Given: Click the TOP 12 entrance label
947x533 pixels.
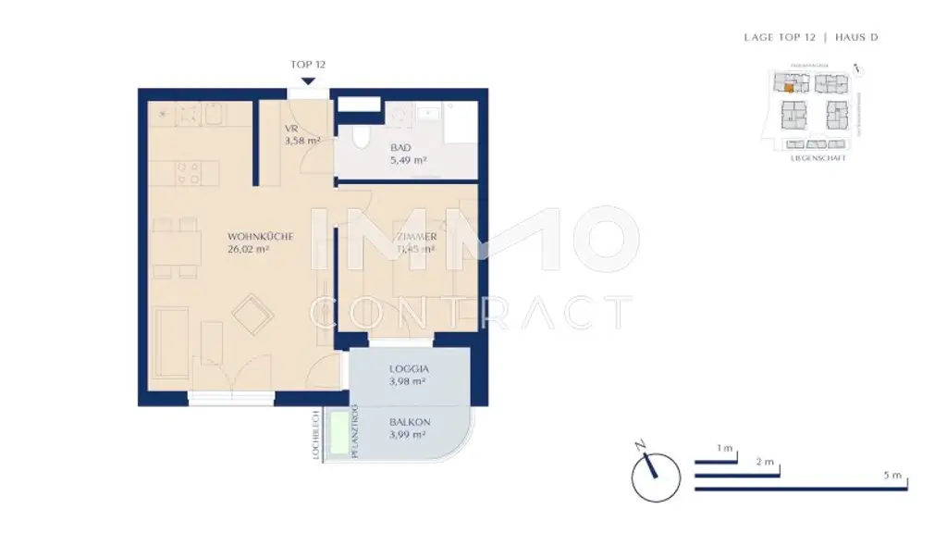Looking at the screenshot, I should (x=307, y=65).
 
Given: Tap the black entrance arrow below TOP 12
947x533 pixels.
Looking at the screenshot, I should (x=307, y=80).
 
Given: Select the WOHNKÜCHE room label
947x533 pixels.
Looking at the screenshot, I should (x=261, y=237).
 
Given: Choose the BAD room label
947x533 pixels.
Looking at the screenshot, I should (x=400, y=148).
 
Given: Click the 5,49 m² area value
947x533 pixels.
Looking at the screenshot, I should (x=407, y=160).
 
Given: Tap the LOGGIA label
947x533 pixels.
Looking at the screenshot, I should (x=407, y=367).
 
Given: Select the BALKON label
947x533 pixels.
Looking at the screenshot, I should (x=407, y=422).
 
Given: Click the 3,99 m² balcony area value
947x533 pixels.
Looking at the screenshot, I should (x=407, y=435).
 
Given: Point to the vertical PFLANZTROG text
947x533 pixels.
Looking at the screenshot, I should (x=354, y=434).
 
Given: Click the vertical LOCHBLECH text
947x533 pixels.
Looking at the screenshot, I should (x=315, y=435).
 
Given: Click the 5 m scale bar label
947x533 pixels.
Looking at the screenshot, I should (x=892, y=475).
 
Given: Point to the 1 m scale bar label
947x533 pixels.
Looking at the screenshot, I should (x=725, y=449).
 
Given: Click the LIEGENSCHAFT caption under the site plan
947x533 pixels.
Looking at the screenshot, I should (x=818, y=158).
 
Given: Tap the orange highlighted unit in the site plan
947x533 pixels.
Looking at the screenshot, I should (x=788, y=89).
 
